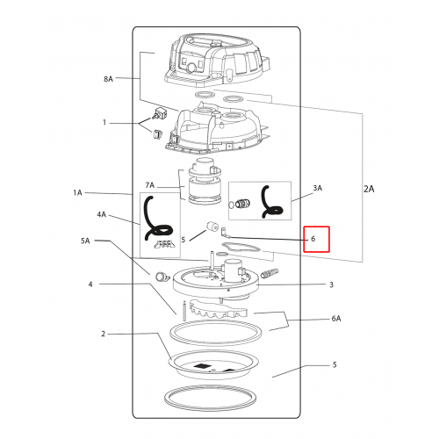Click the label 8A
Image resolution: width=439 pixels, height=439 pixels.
click(x=108, y=79)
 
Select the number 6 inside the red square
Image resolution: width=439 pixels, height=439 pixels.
click(x=313, y=239)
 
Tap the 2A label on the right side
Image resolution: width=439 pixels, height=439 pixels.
click(x=369, y=189)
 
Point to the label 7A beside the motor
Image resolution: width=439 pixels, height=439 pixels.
click(x=149, y=185)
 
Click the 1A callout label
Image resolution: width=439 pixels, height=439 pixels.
click(x=77, y=192)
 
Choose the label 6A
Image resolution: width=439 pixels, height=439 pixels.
click(x=336, y=319)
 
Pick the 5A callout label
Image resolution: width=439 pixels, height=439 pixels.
click(x=85, y=241)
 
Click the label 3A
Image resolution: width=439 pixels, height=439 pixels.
click(x=318, y=188)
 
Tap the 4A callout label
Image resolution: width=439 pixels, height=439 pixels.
click(x=101, y=214)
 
